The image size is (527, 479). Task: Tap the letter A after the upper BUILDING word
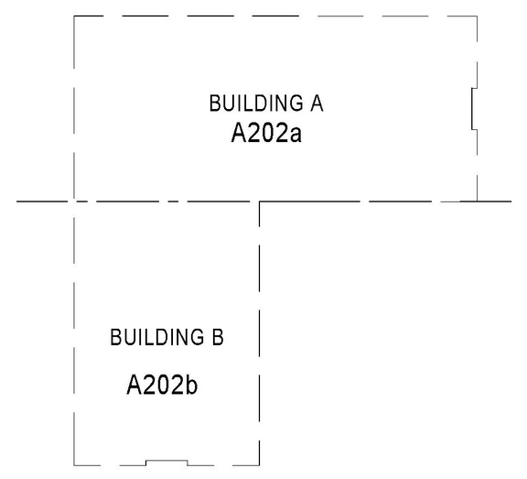pyautogui.click(x=317, y=103)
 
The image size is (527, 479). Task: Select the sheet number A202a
pyautogui.click(x=266, y=136)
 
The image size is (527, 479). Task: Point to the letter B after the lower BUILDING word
pyautogui.click(x=218, y=338)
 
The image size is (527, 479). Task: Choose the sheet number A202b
pyautogui.click(x=162, y=383)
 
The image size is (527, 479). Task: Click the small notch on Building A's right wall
pyautogui.click(x=471, y=106)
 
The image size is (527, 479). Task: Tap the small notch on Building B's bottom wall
pyautogui.click(x=167, y=462)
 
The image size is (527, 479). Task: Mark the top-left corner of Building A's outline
pyautogui.click(x=74, y=16)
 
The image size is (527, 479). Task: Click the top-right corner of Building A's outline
pyautogui.click(x=478, y=16)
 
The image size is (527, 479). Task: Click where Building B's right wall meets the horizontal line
pyautogui.click(x=260, y=201)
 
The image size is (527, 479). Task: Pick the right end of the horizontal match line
pyautogui.click(x=511, y=201)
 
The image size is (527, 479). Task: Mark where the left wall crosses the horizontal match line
pyautogui.click(x=74, y=201)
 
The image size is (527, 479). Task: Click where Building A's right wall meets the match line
pyautogui.click(x=478, y=201)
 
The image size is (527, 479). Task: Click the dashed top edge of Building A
pyautogui.click(x=274, y=16)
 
